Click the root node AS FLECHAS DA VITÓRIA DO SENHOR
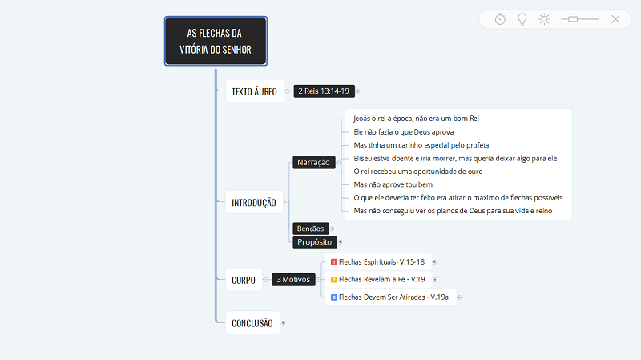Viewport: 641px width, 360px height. coord(216,41)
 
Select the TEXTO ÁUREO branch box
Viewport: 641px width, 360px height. coord(254,91)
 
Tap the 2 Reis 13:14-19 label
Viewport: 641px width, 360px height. coord(324,91)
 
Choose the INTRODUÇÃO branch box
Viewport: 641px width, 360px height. coord(254,202)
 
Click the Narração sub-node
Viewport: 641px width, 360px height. coord(313,163)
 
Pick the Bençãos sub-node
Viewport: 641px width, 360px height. coord(310,229)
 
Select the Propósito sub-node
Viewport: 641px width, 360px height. coord(314,242)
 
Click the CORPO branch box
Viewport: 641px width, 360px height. coord(244,280)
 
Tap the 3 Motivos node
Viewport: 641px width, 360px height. coord(293,279)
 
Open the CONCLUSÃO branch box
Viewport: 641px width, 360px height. coord(252,323)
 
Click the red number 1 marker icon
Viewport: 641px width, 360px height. coord(334,262)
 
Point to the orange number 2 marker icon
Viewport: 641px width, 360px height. coord(334,280)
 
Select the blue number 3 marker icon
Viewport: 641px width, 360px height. coord(334,297)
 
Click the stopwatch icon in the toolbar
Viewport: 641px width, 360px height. coord(500,18)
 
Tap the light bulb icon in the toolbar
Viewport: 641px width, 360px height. coord(522,19)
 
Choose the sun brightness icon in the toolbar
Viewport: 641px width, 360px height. coord(544,19)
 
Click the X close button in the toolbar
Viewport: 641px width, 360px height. coord(615,19)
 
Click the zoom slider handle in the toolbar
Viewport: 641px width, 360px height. coord(573,19)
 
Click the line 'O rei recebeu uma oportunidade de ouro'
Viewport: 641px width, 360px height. coord(417,172)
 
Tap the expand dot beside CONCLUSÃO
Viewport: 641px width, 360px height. coord(283,323)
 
